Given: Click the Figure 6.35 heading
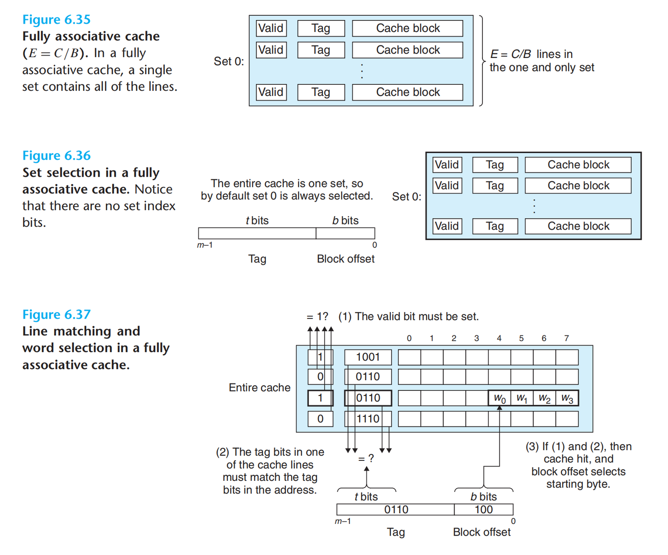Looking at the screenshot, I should coord(56,19).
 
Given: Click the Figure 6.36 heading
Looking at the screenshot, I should coord(56,156).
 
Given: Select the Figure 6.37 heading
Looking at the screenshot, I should coord(56,315).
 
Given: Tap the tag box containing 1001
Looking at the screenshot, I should coord(368,357).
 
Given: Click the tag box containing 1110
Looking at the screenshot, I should coord(368,419).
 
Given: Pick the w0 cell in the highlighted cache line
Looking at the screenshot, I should coord(500,398).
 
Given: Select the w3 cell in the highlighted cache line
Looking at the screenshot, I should coord(567,398).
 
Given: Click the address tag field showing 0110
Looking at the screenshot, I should coord(396,510).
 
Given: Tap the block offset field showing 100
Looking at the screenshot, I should coord(483,510).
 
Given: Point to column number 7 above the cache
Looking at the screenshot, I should coord(566,338).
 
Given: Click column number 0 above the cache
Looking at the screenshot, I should coord(409,338).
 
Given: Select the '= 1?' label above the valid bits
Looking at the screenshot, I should coord(317,317).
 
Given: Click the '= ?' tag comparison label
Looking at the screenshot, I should coord(366,459).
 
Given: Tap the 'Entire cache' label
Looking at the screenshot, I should coord(259,388).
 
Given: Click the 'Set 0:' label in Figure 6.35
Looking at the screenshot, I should coord(229,61).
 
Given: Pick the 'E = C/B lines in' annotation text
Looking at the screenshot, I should coord(532,54).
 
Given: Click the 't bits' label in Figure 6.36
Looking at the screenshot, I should coord(257,221).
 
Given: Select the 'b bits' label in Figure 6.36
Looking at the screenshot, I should coord(345,221).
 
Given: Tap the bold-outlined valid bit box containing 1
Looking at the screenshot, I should coord(320,398).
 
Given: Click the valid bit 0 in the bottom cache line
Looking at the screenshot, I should coord(320,419).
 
